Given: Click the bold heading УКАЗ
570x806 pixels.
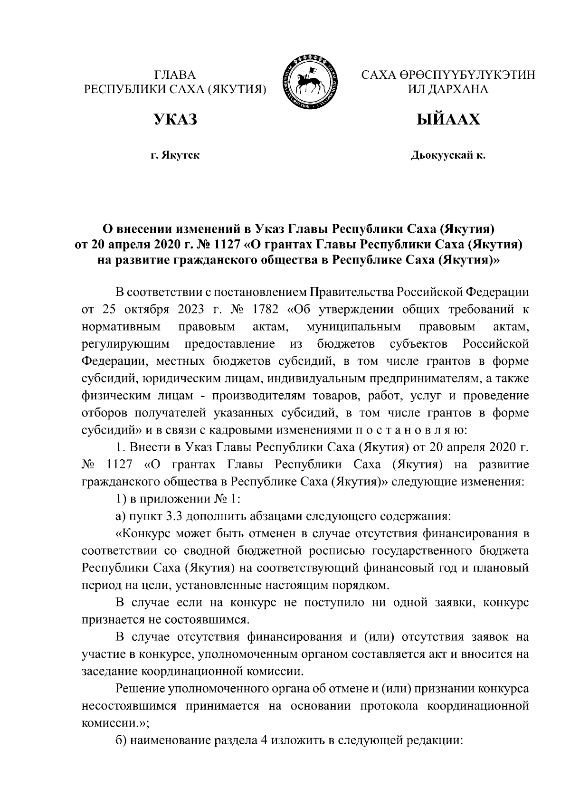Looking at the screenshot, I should coord(175,120).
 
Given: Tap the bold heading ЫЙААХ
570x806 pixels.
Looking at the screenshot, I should coord(448,120).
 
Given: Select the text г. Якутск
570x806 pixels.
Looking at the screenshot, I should coord(175,155).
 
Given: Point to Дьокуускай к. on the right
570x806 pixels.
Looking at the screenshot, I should coord(448,155).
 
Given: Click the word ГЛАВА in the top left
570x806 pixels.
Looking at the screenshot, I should coord(175,75).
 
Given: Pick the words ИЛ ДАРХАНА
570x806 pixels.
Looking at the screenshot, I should coord(448,89).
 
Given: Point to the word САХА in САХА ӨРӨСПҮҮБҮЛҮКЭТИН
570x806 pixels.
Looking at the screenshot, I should coord(378,75).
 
